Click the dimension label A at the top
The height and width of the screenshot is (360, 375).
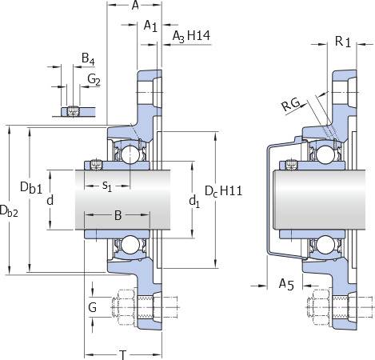[x=135, y=5]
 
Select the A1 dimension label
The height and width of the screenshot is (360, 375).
[x=150, y=26]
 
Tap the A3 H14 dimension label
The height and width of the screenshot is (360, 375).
[x=191, y=36]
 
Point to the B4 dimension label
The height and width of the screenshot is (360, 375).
[x=88, y=58]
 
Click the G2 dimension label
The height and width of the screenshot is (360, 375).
[x=94, y=79]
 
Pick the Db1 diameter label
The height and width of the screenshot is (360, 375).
[x=31, y=188]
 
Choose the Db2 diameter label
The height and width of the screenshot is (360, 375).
[x=9, y=210]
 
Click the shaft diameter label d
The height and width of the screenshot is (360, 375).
[x=50, y=200]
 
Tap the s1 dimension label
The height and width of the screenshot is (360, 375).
[x=107, y=186]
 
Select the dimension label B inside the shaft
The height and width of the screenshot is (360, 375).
[x=118, y=215]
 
